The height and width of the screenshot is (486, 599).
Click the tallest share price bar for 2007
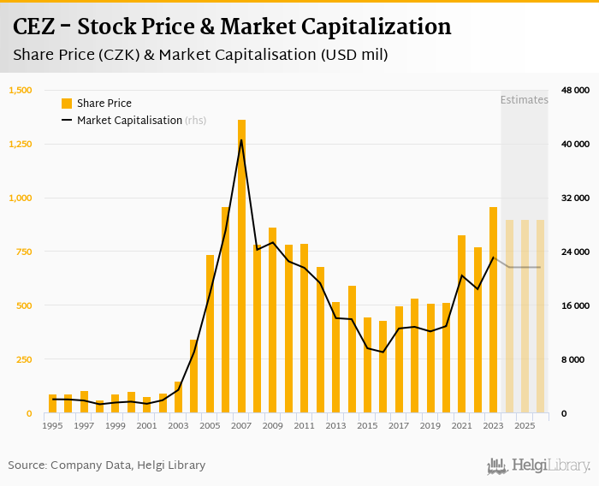(x=241, y=266)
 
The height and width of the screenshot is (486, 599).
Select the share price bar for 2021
(x=461, y=324)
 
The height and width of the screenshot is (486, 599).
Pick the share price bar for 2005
(x=211, y=334)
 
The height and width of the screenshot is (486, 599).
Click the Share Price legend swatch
(x=67, y=104)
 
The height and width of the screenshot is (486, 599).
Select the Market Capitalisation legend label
(x=129, y=121)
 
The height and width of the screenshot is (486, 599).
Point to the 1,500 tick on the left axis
(x=21, y=90)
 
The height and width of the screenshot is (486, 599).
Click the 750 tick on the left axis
(x=24, y=252)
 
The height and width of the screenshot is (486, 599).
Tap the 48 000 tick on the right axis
(x=575, y=90)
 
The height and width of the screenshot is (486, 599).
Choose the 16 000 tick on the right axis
(x=575, y=305)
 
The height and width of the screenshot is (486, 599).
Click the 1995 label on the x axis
(x=52, y=425)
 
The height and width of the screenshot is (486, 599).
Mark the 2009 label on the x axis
(x=272, y=425)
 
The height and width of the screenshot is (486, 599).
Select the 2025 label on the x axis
(x=525, y=425)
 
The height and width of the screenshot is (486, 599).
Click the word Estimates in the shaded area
(x=524, y=100)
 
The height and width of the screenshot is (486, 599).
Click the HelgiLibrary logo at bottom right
(x=538, y=465)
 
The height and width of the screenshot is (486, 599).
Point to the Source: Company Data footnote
(x=107, y=465)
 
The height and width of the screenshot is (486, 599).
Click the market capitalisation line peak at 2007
(x=241, y=139)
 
